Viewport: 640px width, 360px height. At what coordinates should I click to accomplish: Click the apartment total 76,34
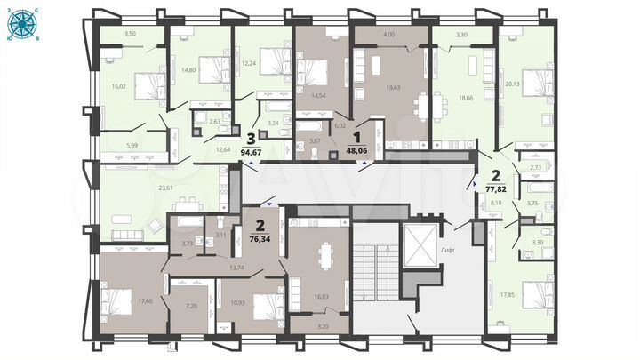(259, 238)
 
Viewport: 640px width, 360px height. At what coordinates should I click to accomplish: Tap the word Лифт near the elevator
(447, 251)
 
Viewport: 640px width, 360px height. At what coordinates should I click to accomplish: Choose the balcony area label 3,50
(131, 34)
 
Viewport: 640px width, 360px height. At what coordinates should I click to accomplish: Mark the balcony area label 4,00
(388, 35)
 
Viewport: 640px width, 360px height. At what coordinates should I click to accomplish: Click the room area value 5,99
(132, 145)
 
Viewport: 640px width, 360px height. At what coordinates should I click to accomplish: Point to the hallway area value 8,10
(497, 204)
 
